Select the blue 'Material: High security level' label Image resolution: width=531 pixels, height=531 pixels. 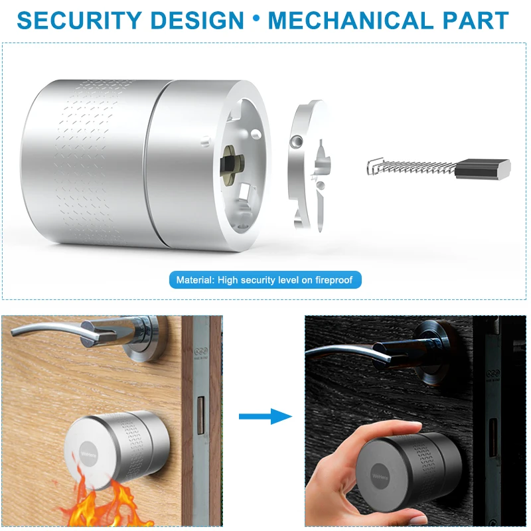265,280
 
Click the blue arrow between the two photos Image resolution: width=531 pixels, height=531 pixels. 265,416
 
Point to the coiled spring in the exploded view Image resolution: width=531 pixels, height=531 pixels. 412,167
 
